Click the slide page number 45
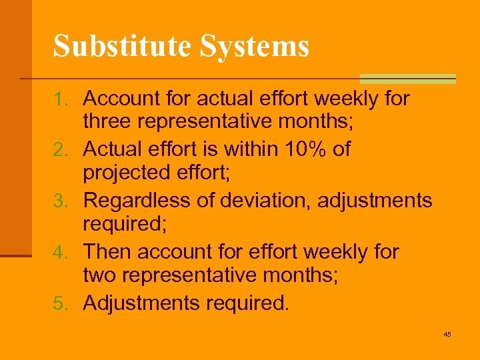click(447, 334)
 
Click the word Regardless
click(139, 201)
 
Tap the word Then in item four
click(105, 252)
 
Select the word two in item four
click(97, 277)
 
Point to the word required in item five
click(247, 303)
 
